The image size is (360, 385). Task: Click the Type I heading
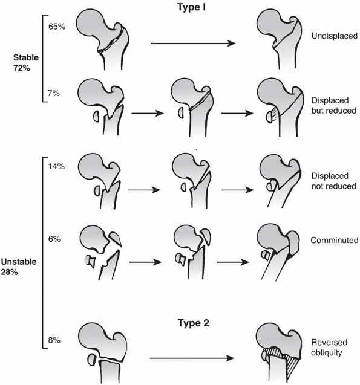coord(191,7)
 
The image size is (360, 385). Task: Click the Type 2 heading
coord(194,323)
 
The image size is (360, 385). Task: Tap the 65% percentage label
coord(57,27)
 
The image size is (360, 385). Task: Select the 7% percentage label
coord(54,93)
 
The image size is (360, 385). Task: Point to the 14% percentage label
coord(56,166)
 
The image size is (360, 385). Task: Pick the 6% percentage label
coord(54,239)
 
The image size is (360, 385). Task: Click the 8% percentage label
coord(54,340)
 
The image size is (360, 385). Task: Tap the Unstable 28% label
coord(19,267)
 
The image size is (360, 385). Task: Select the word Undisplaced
coord(335,36)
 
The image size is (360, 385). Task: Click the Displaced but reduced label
coord(334,106)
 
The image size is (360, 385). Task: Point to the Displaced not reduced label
coord(334,181)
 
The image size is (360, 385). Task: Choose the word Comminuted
coord(335,240)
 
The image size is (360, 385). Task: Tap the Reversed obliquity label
coord(329,348)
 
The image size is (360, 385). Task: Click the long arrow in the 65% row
coord(193,44)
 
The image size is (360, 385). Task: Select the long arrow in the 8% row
coord(192,358)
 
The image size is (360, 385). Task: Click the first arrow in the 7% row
coord(148,114)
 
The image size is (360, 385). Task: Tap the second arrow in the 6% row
coord(233,262)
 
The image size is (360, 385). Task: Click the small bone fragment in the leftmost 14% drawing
coord(97,190)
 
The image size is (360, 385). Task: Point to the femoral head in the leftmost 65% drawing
coord(92,25)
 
